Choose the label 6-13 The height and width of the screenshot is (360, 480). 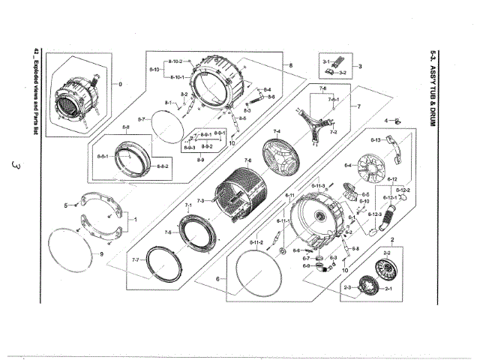(378, 140)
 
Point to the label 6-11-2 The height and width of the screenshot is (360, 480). (256, 243)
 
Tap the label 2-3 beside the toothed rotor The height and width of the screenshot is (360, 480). (347, 288)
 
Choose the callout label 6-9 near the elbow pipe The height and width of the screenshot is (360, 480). (306, 265)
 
